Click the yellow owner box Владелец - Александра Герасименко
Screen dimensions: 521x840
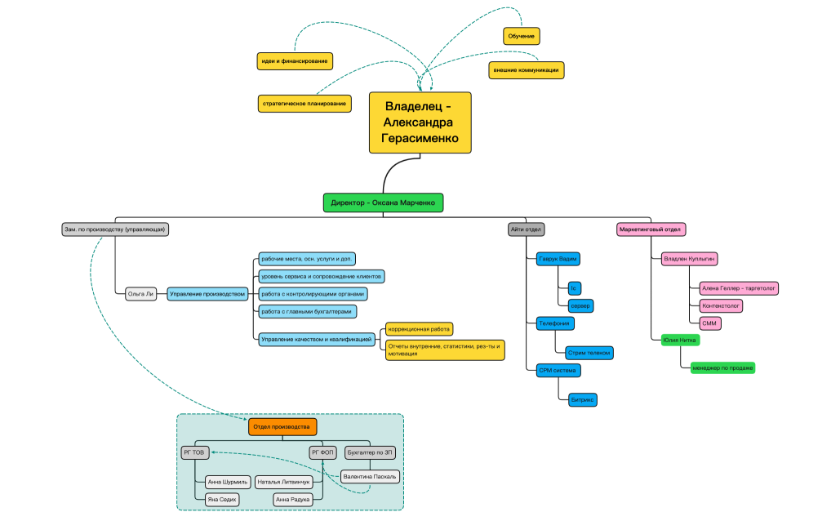420,122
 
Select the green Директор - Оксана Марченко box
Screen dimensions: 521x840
383,203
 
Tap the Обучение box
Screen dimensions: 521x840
521,36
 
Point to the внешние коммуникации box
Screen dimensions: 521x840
527,70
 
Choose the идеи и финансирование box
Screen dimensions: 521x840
294,60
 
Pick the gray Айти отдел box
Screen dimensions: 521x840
527,229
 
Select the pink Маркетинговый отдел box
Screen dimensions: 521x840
651,229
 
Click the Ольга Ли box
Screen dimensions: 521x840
141,294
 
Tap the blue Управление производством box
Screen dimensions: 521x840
207,294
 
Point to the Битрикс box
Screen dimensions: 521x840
583,400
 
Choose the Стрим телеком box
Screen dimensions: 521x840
589,353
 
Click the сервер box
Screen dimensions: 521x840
580,306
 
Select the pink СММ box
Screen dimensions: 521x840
709,323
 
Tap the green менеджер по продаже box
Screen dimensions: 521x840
722,368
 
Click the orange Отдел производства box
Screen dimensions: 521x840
282,427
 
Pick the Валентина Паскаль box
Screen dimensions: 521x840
370,476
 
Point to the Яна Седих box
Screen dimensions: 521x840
223,499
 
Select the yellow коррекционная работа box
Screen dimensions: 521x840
419,329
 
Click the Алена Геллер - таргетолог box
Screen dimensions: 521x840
740,288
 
